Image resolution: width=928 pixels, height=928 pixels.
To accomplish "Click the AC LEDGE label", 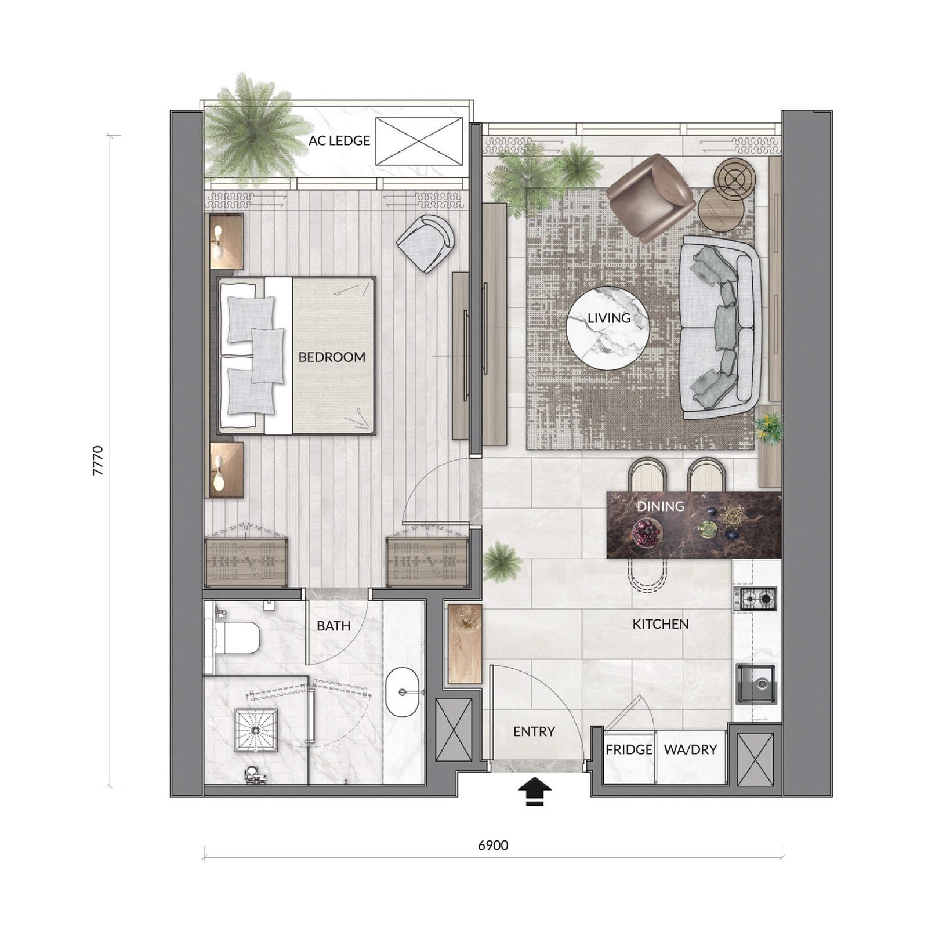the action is point(339,140).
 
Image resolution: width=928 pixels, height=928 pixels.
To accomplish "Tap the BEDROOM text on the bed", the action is point(332,357).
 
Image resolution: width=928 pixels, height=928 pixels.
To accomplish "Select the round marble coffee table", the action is point(608,328).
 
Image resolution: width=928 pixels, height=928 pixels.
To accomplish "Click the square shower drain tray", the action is point(256,730).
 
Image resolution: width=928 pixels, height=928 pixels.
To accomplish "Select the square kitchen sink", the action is point(756,684).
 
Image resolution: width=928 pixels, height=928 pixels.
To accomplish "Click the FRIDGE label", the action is point(629,749).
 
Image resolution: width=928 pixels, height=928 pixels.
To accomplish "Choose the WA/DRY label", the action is point(690,749).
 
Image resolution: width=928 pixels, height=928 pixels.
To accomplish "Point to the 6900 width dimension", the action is point(493,846).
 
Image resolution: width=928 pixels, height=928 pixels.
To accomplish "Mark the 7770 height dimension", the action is point(97,461).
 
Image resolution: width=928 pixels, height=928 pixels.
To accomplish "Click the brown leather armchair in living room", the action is point(650,197).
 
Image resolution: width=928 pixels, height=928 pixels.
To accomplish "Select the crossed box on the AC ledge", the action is point(419,141).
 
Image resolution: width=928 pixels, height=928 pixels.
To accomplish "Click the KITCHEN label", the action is point(661,624).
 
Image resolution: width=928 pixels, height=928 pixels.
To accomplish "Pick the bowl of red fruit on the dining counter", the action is point(646,532).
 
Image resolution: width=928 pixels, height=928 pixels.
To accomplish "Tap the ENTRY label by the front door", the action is point(534,732).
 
